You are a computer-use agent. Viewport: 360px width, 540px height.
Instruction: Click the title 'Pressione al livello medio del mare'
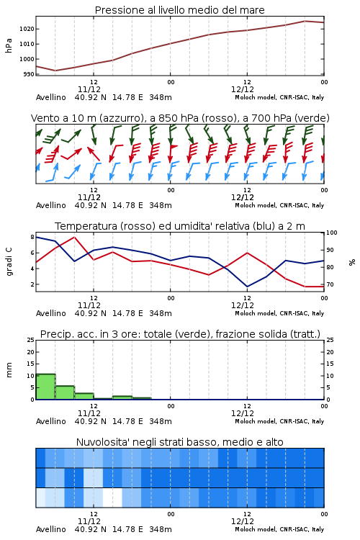179,10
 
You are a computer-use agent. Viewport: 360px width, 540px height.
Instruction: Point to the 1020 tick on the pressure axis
27,29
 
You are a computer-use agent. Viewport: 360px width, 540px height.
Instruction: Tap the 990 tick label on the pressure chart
29,74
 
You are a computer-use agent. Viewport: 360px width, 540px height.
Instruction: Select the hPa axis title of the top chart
9,45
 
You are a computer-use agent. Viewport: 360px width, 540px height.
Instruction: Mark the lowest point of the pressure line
55,71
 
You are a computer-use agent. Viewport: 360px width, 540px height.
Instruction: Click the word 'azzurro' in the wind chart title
121,118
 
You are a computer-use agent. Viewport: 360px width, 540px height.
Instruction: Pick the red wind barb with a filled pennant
172,152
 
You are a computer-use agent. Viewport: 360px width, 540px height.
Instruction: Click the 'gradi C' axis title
9,261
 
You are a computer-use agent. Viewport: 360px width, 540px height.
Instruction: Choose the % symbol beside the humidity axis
352,262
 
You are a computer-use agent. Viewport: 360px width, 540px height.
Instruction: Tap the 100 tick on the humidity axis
331,233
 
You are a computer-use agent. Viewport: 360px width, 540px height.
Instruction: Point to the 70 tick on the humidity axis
330,284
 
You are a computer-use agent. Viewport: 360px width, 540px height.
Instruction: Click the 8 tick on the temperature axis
32,237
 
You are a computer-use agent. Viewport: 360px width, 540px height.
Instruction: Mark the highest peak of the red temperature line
74,237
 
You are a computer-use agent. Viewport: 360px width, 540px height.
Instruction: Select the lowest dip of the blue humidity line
247,287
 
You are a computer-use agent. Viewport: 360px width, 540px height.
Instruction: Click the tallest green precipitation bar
45,387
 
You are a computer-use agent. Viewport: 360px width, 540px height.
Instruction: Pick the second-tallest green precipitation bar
65,392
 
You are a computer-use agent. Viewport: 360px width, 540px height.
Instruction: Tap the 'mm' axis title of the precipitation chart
9,369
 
